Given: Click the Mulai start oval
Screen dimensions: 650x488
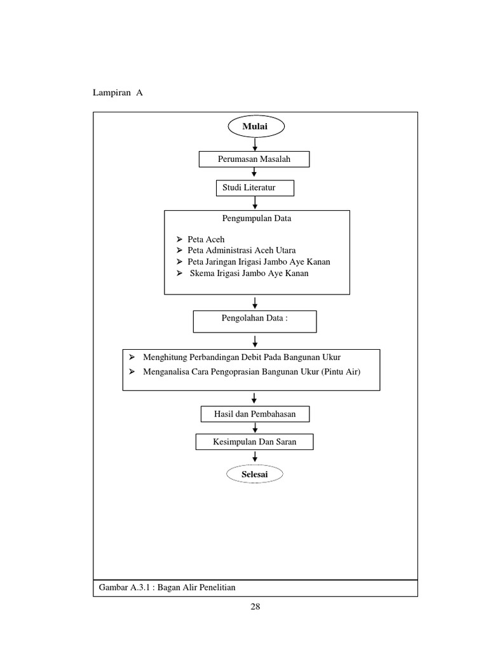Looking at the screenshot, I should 255,126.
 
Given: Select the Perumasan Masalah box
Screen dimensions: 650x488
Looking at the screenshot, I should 254,159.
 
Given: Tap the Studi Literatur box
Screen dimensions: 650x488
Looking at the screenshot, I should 254,188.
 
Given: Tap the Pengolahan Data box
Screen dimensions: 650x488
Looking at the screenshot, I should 255,321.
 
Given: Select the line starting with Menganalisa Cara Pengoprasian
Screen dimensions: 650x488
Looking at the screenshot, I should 251,371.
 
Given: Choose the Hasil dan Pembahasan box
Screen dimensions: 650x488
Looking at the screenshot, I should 254,415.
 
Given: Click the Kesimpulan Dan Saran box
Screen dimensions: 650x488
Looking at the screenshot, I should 254,442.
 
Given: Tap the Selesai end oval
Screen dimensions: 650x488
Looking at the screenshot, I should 255,474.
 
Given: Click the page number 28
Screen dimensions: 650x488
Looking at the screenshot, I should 255,606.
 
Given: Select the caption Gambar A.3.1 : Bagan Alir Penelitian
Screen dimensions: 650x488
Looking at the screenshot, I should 167,587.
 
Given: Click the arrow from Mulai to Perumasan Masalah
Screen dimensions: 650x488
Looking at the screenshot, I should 255,145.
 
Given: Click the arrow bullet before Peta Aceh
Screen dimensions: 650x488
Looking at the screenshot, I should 179,239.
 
